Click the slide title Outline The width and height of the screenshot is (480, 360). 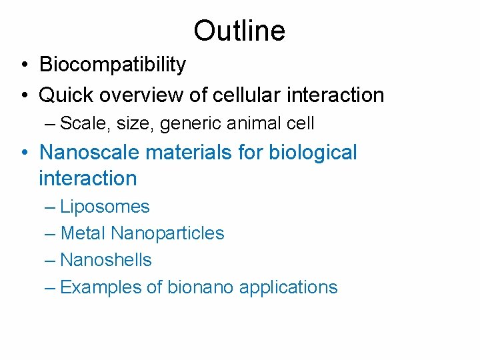(x=239, y=31)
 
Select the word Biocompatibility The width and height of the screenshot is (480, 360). (x=113, y=65)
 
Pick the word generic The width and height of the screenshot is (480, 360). (x=185, y=124)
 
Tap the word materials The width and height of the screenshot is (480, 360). (x=185, y=152)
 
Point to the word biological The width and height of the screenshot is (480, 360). (x=313, y=153)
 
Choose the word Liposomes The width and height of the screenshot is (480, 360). (x=105, y=207)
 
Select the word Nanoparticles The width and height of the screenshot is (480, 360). (x=167, y=233)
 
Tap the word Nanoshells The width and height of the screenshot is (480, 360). (x=106, y=260)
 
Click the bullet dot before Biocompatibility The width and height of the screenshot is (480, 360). (x=23, y=65)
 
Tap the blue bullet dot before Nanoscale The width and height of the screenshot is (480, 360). (x=23, y=153)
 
